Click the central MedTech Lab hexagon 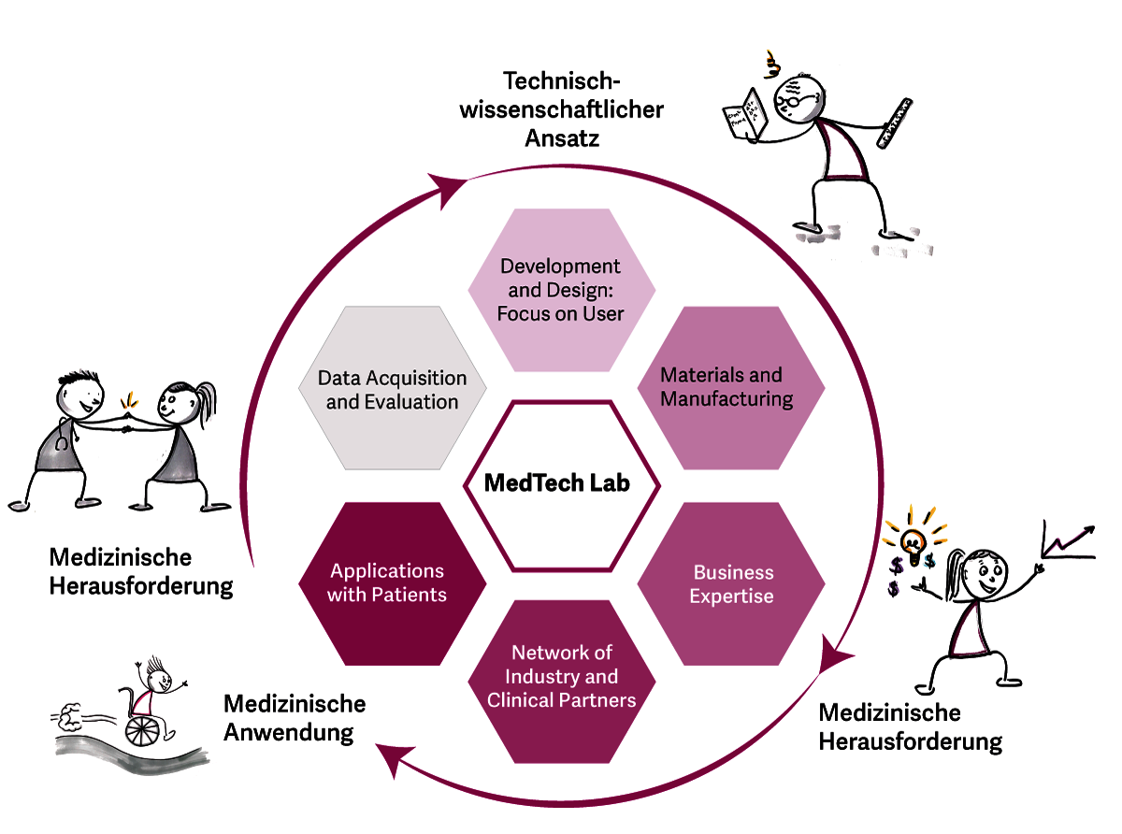(562, 484)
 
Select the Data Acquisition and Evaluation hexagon (392, 389)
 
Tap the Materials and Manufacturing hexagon (730, 387)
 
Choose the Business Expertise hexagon (731, 583)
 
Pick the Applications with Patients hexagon (392, 582)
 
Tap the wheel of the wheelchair (140, 728)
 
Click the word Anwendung (289, 731)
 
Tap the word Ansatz (560, 138)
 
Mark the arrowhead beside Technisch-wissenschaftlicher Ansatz (450, 188)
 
